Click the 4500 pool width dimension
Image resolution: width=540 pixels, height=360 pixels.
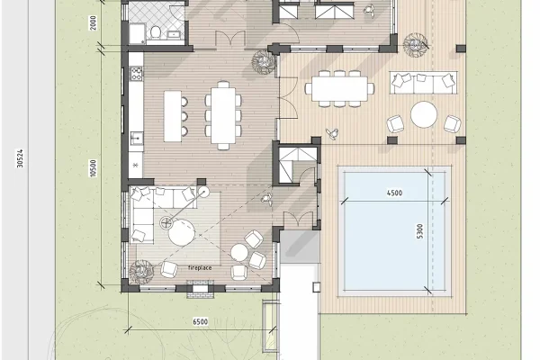point(394,193)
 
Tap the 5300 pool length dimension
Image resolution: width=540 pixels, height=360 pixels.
point(419,231)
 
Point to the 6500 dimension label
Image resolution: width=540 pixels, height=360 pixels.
point(201,322)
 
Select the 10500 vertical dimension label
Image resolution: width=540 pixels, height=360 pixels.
point(93,168)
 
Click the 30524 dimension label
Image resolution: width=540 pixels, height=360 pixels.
point(20,158)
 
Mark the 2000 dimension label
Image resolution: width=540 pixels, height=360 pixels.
point(93,22)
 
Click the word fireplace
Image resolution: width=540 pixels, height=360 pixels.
point(200,267)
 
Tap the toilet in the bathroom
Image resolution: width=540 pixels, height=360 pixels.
point(156,32)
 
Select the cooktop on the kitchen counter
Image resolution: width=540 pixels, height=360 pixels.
point(136,73)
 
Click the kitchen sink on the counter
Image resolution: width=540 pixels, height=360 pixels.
point(136,139)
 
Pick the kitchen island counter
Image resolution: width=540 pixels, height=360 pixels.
point(173,116)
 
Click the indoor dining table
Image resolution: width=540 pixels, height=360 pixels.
point(223,115)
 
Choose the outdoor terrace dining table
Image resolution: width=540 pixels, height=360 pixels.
point(339,89)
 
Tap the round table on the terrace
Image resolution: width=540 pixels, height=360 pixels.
point(424,114)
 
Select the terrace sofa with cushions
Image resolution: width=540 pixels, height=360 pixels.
point(424,83)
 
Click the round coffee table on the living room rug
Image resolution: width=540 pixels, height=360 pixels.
point(182,232)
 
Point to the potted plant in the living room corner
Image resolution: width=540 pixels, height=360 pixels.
point(140,272)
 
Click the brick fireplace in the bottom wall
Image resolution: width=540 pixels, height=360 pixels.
point(200,289)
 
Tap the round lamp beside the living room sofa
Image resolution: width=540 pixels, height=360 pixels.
point(203,193)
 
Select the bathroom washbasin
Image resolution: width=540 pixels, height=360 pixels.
point(174,34)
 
